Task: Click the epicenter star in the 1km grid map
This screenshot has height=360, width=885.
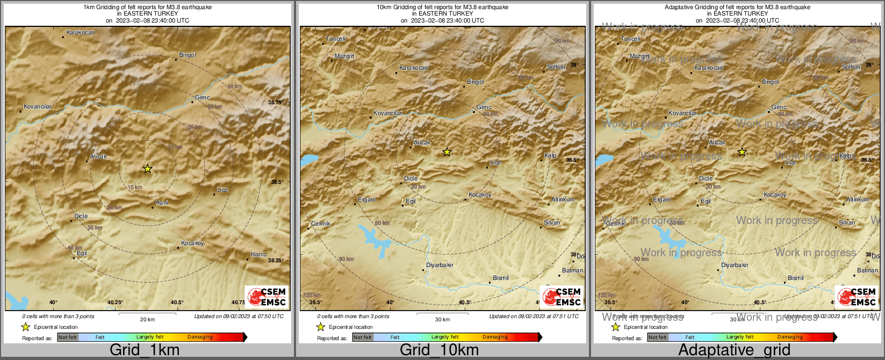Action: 148,169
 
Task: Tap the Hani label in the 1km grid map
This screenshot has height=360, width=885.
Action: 162,203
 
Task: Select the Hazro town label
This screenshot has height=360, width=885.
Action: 258,254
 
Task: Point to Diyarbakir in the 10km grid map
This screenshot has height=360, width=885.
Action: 440,265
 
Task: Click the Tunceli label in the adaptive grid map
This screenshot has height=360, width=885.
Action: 631,39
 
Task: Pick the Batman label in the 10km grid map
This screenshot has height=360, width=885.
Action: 572,270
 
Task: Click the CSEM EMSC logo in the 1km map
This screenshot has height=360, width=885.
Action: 267,297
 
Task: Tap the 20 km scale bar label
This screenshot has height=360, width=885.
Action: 147,319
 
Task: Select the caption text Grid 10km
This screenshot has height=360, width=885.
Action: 439,350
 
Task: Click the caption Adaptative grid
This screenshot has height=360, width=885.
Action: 734,350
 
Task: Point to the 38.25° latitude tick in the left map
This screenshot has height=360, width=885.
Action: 276,260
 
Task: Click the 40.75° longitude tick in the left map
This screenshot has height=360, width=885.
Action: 238,303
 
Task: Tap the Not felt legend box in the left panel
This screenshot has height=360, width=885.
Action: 68,337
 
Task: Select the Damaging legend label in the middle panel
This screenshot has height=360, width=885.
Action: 495,337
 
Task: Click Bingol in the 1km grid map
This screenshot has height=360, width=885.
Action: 188,55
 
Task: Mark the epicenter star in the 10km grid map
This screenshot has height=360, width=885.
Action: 447,152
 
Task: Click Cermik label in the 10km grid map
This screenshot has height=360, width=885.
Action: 321,224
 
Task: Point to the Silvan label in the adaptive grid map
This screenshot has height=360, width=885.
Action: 847,222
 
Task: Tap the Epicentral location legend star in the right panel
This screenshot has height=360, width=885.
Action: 616,327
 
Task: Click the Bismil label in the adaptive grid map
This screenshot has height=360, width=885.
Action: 796,278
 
